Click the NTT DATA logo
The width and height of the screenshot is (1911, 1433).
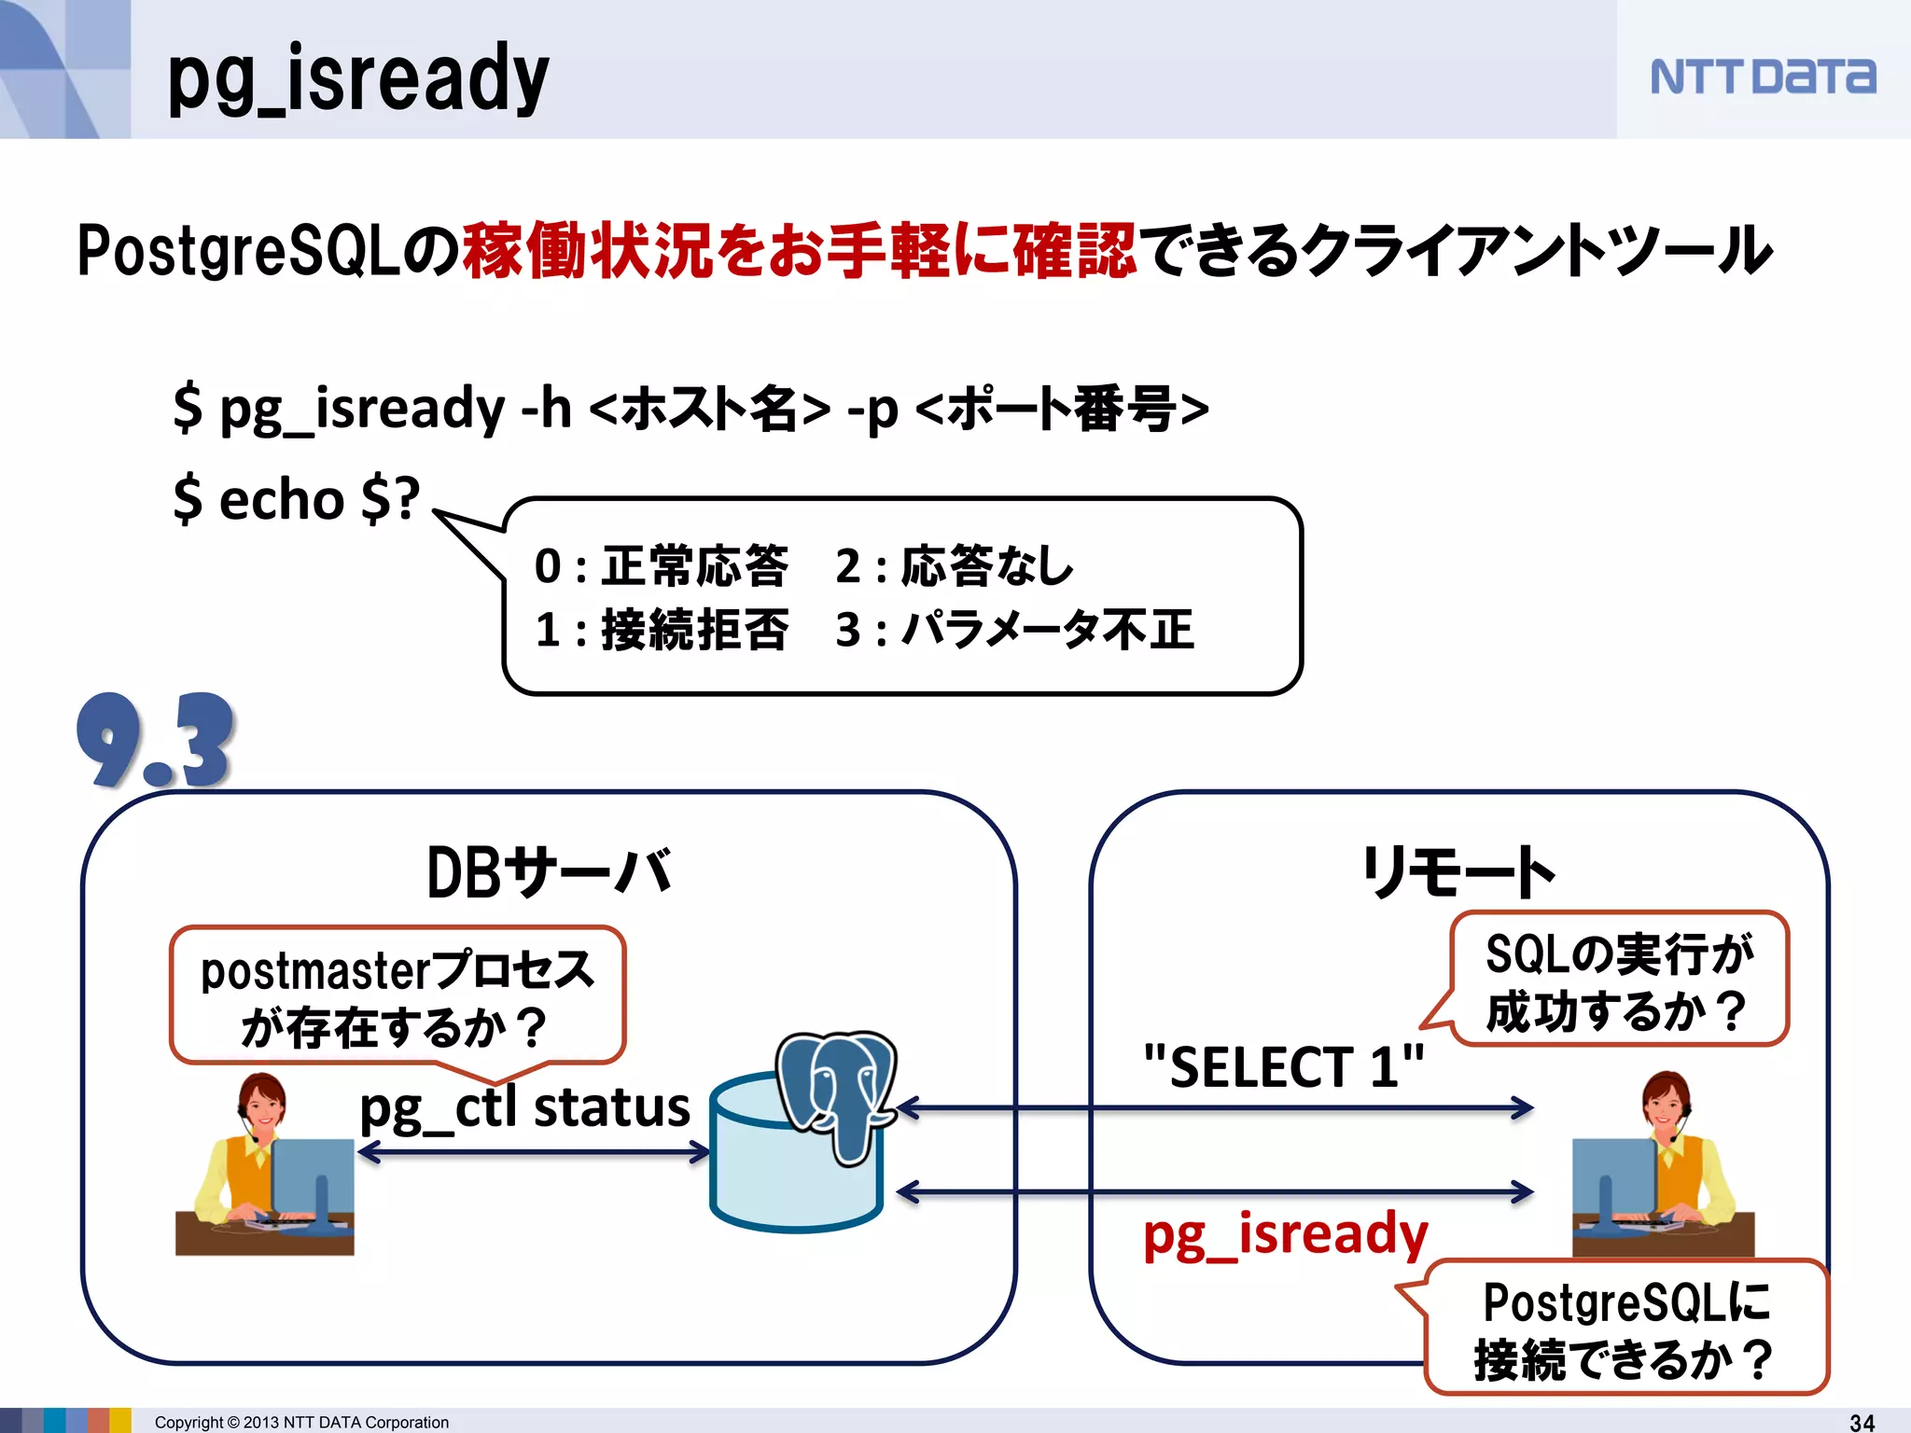1762,77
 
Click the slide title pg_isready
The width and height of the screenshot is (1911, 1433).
358,79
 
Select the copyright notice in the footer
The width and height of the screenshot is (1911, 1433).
301,1422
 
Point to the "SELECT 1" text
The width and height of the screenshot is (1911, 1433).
1284,1066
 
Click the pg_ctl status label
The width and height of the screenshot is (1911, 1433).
524,1108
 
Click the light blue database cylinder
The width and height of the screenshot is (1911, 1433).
793,1176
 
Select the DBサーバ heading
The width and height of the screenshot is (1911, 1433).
549,872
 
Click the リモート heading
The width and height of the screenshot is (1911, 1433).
1458,872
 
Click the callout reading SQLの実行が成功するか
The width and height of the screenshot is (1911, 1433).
1619,980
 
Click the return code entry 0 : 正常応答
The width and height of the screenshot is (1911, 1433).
661,566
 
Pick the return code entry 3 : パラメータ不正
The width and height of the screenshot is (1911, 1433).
1014,630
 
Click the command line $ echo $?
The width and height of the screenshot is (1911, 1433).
297,499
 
